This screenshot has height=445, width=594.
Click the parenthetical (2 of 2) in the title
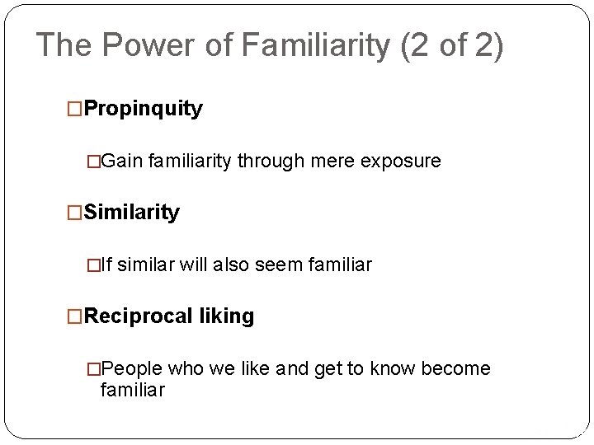click(x=451, y=45)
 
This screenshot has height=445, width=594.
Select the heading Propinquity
click(x=144, y=110)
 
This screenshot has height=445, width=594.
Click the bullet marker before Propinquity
click(x=75, y=110)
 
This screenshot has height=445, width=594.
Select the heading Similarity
click(x=132, y=213)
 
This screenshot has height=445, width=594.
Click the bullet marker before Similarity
click(x=75, y=213)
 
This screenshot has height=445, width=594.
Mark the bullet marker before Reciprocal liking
click(x=75, y=316)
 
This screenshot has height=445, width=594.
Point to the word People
click(x=135, y=368)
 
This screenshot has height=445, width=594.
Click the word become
click(x=455, y=368)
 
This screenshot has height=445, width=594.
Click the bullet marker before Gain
click(x=99, y=161)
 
